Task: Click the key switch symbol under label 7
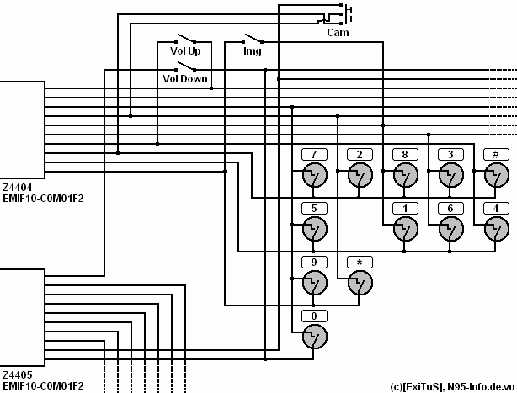click(x=315, y=175)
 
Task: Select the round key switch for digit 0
click(x=315, y=337)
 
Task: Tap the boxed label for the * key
click(x=360, y=263)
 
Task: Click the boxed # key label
click(x=496, y=154)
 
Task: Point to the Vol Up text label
click(x=185, y=51)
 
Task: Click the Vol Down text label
click(x=185, y=79)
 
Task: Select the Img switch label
click(x=253, y=51)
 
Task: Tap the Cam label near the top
click(x=338, y=33)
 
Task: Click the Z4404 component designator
click(x=18, y=188)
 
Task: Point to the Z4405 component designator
click(x=18, y=374)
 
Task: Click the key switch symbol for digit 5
click(x=315, y=229)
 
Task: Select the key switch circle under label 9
click(x=315, y=283)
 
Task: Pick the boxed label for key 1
click(x=405, y=208)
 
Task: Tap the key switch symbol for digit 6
click(x=451, y=229)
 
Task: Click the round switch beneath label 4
click(x=497, y=229)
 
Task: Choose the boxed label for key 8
click(x=405, y=154)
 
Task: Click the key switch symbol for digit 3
click(x=451, y=175)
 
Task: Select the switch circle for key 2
click(x=360, y=175)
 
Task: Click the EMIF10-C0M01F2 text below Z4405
click(x=43, y=385)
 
